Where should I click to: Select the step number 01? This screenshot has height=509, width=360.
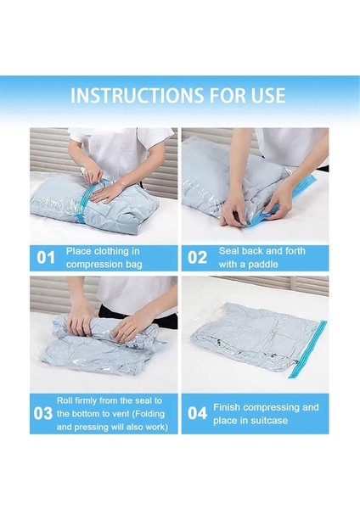click(x=44, y=257)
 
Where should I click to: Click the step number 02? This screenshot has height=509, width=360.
click(x=197, y=257)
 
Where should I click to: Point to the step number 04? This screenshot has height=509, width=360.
click(x=197, y=413)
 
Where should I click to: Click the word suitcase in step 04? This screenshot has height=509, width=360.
click(x=266, y=420)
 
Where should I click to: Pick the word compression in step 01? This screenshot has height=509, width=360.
click(x=87, y=264)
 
